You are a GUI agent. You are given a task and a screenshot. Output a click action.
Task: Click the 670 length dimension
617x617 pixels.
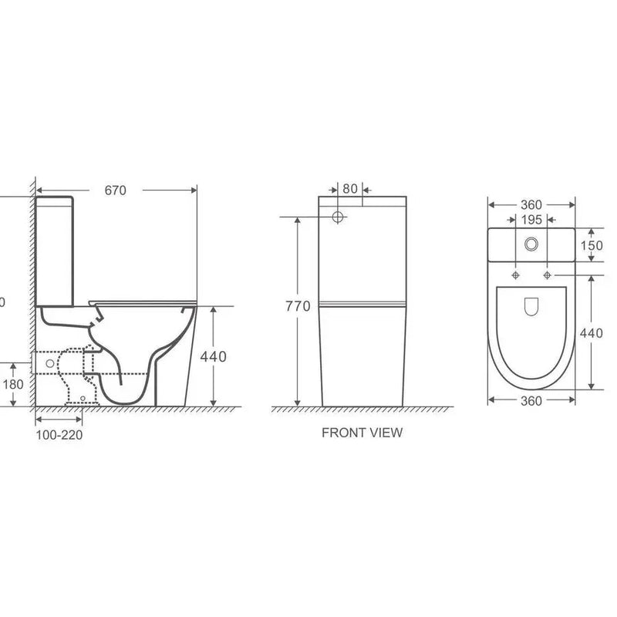[115, 190]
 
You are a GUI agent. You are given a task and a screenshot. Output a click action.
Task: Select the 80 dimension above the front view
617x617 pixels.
[349, 188]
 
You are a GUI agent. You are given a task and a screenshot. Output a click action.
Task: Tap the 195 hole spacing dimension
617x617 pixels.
[531, 221]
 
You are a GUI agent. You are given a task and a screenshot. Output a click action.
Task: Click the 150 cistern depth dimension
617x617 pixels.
[592, 244]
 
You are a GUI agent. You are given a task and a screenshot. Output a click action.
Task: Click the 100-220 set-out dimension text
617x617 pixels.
[59, 434]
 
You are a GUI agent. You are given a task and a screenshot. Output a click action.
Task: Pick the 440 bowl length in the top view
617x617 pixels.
[592, 333]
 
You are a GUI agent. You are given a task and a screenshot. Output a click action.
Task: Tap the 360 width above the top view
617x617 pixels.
[531, 204]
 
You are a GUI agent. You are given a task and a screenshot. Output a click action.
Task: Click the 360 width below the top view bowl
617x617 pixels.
[531, 400]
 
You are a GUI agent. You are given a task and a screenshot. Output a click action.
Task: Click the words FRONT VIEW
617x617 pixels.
[362, 433]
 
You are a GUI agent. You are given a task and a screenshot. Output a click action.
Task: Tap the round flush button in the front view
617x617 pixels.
[337, 217]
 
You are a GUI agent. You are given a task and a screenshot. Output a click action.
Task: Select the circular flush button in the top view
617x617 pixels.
[531, 244]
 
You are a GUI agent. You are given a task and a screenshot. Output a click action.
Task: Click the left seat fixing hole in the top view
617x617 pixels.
[515, 275]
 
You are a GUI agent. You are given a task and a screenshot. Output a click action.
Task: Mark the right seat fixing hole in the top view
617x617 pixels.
[547, 275]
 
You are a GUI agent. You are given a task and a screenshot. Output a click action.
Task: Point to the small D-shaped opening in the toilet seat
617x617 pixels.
[531, 308]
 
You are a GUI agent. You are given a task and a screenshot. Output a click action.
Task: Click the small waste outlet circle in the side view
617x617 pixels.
[51, 362]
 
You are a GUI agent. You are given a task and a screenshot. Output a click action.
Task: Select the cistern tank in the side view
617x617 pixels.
[55, 251]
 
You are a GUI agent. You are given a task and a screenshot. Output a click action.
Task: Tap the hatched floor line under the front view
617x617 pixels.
[362, 410]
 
